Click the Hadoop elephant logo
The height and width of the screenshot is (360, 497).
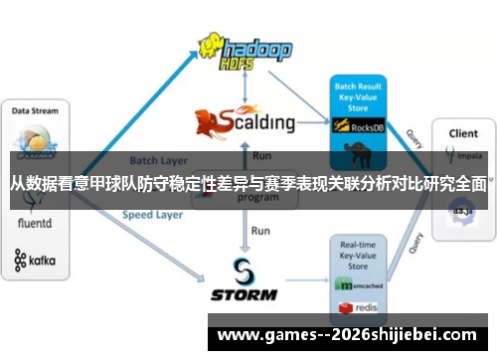pos(210,45)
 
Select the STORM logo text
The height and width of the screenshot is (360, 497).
pos(245,294)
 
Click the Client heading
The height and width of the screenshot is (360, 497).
pos(463,132)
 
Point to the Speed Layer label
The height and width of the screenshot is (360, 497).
pos(151,214)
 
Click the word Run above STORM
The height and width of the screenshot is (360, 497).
pos(260,231)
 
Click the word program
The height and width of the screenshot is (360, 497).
pos(256,197)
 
